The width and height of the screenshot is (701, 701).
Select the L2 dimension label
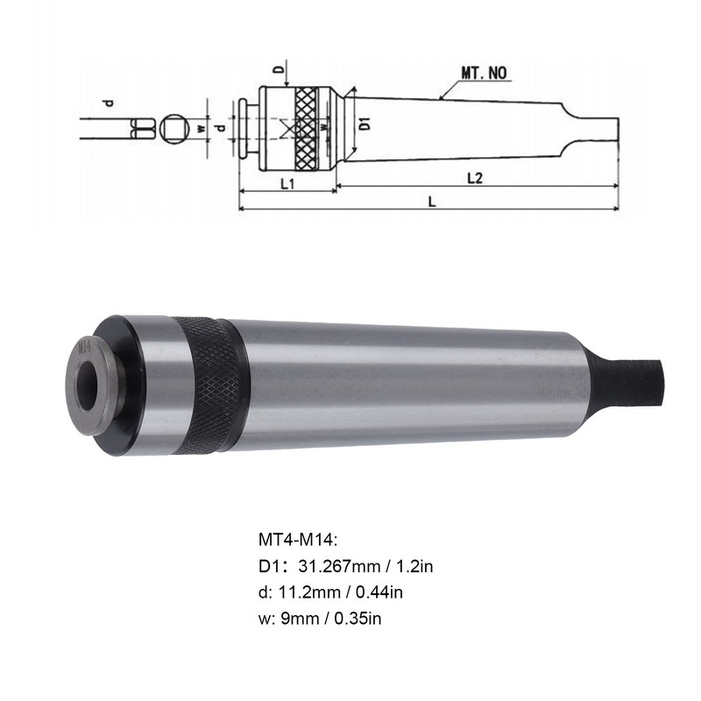click(475, 178)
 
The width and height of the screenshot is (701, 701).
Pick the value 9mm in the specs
click(294, 619)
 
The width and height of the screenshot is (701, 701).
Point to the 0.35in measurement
click(358, 619)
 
